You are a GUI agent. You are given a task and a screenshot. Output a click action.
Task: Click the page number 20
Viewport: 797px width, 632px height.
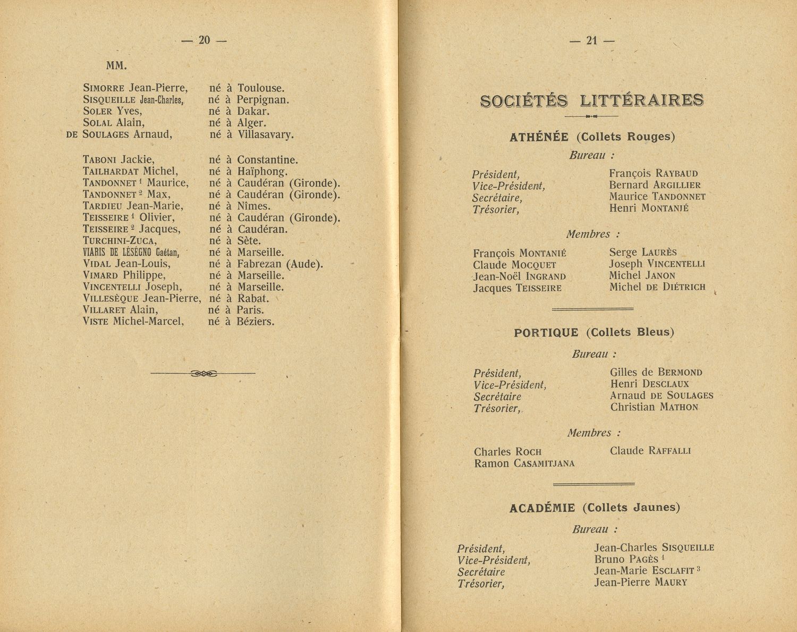point(205,40)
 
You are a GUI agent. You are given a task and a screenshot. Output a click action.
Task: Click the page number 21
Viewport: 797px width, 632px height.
point(592,40)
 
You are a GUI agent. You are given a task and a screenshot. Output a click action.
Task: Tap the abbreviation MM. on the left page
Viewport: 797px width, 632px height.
point(116,66)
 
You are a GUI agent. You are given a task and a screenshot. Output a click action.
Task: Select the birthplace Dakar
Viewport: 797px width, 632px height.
point(253,111)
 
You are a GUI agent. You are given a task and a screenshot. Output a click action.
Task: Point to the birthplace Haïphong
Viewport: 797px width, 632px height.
point(262,171)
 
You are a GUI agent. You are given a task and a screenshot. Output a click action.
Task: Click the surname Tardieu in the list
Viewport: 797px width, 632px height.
point(104,206)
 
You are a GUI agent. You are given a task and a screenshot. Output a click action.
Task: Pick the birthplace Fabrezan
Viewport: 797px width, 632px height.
point(259,264)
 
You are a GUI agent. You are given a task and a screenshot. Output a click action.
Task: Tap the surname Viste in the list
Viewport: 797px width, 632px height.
point(96,322)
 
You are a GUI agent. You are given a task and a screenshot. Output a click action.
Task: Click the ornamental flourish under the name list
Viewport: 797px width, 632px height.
point(203,374)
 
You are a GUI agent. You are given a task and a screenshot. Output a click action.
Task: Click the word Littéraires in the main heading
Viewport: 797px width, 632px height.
point(642,100)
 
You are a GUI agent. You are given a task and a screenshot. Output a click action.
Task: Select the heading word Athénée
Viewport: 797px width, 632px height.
point(539,137)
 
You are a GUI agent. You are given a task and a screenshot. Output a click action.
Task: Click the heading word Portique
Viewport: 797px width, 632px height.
point(546,333)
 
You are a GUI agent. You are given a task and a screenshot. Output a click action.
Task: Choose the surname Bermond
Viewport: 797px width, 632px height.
point(680,373)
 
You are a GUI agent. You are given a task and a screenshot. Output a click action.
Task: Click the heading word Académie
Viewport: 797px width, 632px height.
point(542,508)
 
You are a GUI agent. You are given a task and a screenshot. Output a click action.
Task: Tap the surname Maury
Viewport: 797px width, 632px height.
point(671,583)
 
